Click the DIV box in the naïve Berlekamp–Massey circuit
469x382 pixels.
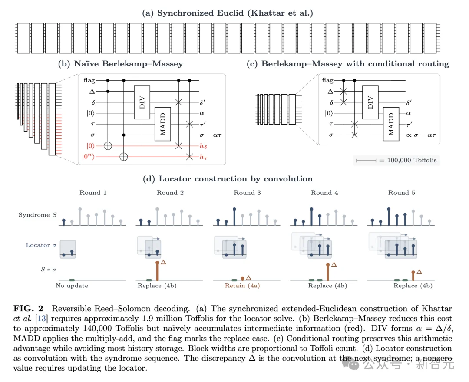142,102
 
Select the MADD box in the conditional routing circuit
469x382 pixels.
391,124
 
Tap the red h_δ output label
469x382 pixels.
203,146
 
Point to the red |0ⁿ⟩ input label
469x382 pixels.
88,157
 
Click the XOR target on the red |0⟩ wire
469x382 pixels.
108,146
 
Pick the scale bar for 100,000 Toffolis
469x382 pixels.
366,161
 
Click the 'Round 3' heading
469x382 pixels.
248,193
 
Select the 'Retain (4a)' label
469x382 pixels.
242,286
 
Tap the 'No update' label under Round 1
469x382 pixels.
72,286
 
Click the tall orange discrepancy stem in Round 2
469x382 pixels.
157,271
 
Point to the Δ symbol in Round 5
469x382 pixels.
419,272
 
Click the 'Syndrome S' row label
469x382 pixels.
38,215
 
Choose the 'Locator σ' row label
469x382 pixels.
41,245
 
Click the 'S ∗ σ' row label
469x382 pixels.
49,270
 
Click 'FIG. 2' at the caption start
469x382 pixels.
28,309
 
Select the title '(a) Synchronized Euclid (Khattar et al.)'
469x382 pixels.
228,13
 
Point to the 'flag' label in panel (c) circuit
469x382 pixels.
327,80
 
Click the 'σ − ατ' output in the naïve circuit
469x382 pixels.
211,135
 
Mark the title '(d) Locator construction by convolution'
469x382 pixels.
228,179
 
